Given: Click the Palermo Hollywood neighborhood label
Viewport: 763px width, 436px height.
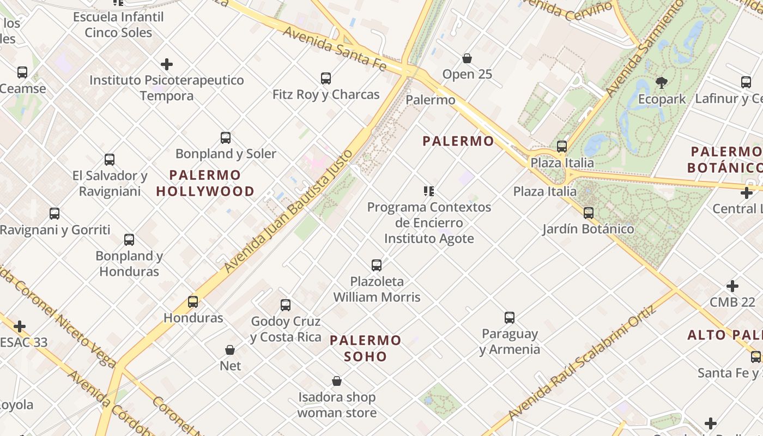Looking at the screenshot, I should pyautogui.click(x=205, y=183).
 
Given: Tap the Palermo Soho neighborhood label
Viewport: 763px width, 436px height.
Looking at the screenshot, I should pyautogui.click(x=366, y=348).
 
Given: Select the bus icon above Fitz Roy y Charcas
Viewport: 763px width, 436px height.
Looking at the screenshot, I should pyautogui.click(x=326, y=78).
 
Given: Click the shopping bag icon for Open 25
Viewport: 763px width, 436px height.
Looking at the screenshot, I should pyautogui.click(x=467, y=58).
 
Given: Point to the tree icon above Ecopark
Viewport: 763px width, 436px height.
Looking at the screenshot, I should pyautogui.click(x=662, y=83).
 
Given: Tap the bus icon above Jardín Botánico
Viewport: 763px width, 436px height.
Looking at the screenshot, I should pyautogui.click(x=589, y=213).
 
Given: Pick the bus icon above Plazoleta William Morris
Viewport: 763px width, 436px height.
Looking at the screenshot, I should pyautogui.click(x=377, y=265).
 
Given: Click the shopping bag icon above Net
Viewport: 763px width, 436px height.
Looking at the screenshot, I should pyautogui.click(x=230, y=349).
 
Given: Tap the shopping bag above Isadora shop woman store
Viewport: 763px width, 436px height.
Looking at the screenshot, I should pyautogui.click(x=337, y=381).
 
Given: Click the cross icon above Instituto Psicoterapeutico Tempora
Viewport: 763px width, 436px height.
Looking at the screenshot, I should pyautogui.click(x=167, y=64).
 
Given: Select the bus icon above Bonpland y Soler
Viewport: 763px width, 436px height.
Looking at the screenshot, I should pyautogui.click(x=226, y=138).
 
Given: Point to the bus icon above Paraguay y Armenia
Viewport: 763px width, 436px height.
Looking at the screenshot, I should pyautogui.click(x=510, y=318).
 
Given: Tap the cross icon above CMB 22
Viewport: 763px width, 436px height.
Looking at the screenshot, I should pyautogui.click(x=732, y=286).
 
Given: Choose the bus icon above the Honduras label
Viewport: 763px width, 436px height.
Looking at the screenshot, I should pyautogui.click(x=193, y=302).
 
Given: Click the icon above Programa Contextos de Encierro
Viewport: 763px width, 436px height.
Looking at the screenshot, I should pyautogui.click(x=429, y=191).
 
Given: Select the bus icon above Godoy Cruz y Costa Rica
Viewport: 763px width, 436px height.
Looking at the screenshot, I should pyautogui.click(x=286, y=305).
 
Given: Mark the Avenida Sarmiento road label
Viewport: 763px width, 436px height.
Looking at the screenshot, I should pyautogui.click(x=645, y=49).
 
